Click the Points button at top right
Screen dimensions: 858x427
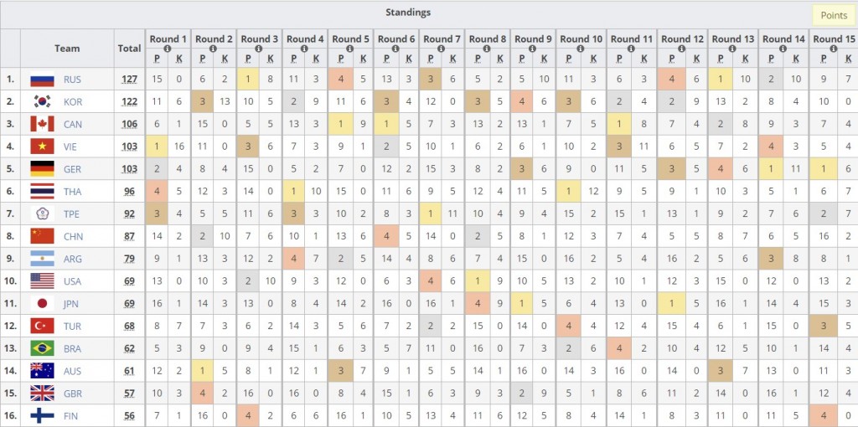(x=834, y=15)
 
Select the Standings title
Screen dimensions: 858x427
(x=408, y=12)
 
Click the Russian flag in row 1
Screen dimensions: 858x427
(x=42, y=80)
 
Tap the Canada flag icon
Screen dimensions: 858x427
(x=42, y=124)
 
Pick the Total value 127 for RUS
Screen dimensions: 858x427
(x=129, y=80)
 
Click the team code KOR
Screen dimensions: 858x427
(x=72, y=101)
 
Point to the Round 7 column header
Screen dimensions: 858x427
(x=442, y=39)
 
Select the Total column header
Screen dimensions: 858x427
(x=129, y=48)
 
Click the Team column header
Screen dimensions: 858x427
(x=67, y=48)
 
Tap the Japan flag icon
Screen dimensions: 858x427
(x=42, y=303)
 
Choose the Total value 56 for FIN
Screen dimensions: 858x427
(x=129, y=416)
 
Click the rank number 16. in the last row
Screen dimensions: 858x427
(x=10, y=416)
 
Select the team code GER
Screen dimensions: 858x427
(x=72, y=169)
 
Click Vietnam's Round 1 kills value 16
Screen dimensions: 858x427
(x=178, y=147)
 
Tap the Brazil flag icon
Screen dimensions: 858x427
(x=42, y=348)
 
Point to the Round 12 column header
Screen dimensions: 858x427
(x=682, y=39)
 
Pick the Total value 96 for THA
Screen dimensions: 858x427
(x=129, y=192)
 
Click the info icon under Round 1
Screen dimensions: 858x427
(x=168, y=49)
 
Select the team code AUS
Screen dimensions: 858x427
(x=72, y=371)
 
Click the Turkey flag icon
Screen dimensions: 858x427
(x=42, y=326)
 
